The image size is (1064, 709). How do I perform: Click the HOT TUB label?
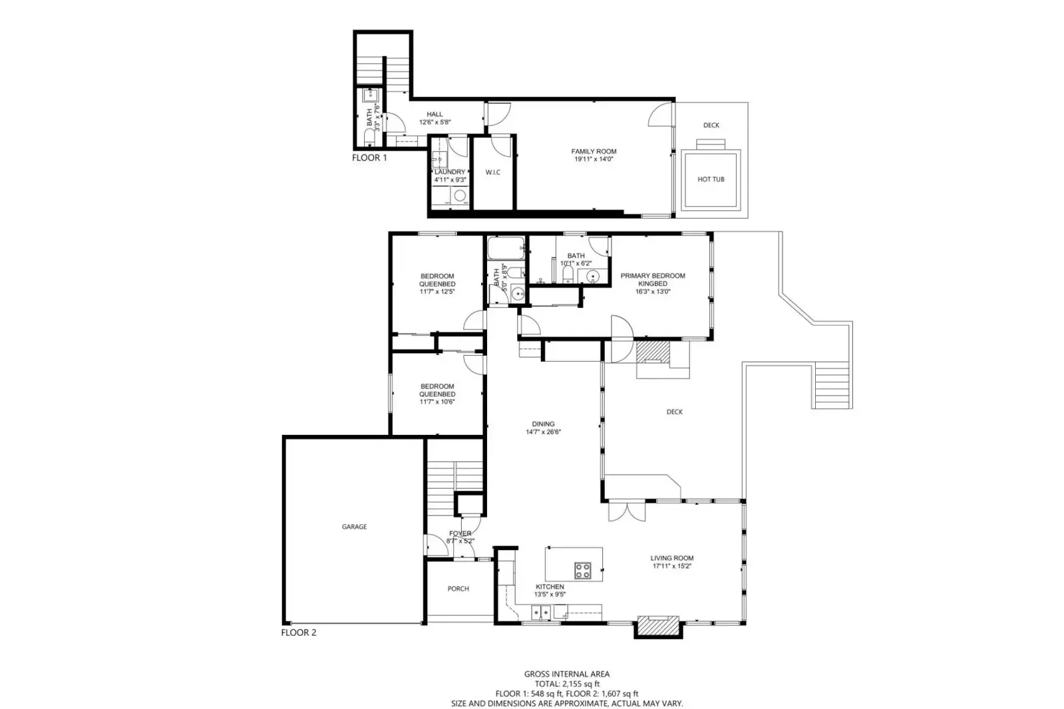click(x=711, y=180)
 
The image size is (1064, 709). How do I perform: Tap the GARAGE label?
click(x=354, y=527)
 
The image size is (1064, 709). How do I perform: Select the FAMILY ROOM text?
click(x=594, y=152)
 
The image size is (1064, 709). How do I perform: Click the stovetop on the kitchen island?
click(x=583, y=570)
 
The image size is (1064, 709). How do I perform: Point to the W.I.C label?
click(x=492, y=173)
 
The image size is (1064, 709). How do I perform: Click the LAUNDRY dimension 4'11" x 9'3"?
click(x=450, y=180)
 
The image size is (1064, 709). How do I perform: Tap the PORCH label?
click(x=458, y=589)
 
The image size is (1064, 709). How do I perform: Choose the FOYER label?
click(x=460, y=533)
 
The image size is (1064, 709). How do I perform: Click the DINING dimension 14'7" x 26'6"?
click(x=543, y=432)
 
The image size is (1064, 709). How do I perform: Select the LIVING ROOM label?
click(x=672, y=559)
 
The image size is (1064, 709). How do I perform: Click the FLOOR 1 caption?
click(x=369, y=158)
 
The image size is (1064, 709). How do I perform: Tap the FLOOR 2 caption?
click(x=299, y=633)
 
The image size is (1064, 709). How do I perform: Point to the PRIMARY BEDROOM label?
click(x=652, y=276)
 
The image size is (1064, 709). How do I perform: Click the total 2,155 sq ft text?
click(x=567, y=684)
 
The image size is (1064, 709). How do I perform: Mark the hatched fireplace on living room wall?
click(x=658, y=626)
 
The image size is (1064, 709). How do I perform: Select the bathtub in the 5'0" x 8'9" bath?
click(x=506, y=249)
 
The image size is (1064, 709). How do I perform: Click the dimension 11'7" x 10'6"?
click(x=437, y=402)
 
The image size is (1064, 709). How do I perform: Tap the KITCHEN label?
click(x=550, y=587)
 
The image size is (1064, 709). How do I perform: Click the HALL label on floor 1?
click(x=435, y=114)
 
